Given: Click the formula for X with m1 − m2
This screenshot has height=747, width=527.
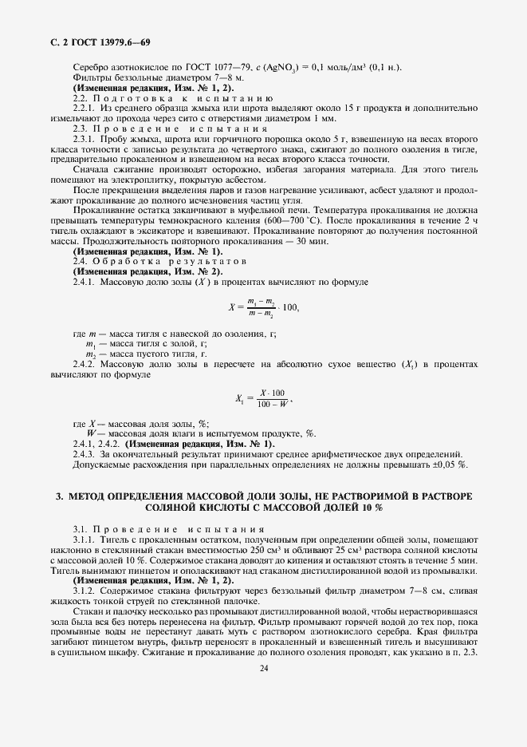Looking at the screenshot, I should (264, 306).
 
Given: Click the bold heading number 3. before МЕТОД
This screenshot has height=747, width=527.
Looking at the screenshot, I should (60, 496).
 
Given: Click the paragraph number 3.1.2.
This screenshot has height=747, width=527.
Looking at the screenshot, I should (85, 591).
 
